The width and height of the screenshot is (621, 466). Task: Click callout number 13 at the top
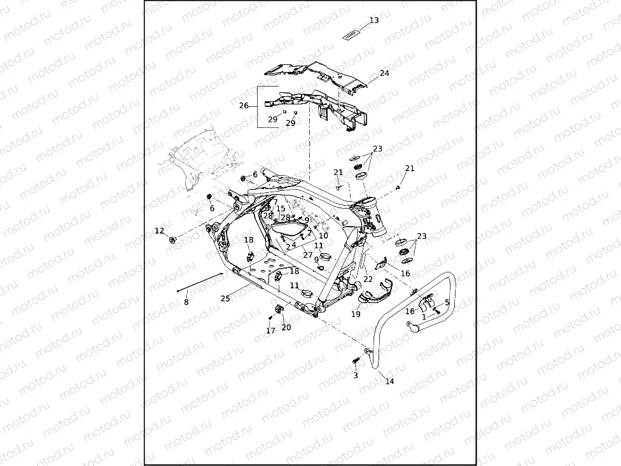pos(374,20)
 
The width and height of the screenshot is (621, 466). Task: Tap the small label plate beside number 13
pos(352,32)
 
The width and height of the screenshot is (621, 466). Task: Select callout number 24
pos(384,73)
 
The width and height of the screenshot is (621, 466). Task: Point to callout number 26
pos(244,106)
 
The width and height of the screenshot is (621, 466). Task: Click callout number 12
pos(160,230)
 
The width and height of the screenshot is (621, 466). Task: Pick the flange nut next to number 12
pos(172,240)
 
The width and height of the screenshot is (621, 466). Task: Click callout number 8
pos(186,302)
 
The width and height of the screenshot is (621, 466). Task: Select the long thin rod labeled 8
pos(200,282)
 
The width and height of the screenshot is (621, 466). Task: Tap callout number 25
pos(225,298)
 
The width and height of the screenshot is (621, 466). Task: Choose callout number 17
pos(270,331)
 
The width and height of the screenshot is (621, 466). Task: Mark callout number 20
pos(286,327)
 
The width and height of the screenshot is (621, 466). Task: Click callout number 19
pos(356,314)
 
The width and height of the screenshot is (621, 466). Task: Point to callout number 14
pos(390,381)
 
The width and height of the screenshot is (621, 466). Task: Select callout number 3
pos(356,376)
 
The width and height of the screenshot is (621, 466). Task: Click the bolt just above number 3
pos(354,362)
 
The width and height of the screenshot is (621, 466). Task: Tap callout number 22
pos(368,279)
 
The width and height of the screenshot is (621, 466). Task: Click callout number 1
pos(424,316)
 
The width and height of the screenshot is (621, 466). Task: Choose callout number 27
pos(308,255)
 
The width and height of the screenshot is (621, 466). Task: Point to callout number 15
pos(281,209)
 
